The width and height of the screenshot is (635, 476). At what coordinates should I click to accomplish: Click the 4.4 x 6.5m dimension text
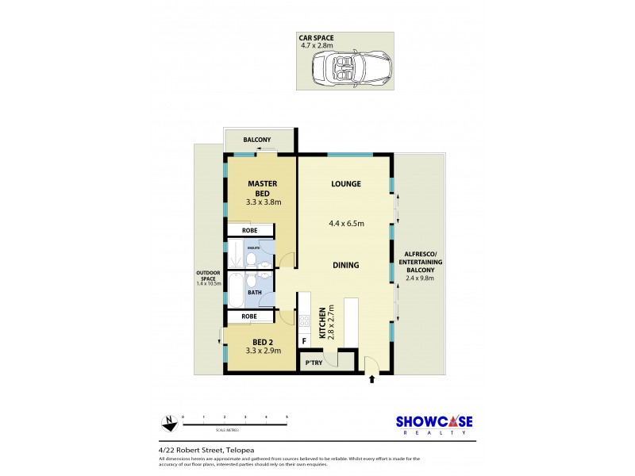(x=346, y=224)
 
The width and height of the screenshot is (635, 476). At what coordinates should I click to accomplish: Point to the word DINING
(x=346, y=265)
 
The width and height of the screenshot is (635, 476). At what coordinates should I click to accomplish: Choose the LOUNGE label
(x=346, y=184)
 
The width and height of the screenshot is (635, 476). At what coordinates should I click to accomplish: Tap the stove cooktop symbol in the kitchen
(x=302, y=321)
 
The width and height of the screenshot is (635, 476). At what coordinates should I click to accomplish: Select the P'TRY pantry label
(x=313, y=363)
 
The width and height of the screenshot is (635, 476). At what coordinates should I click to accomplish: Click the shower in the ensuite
(x=237, y=253)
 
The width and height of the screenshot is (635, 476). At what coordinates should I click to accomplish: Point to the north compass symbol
(x=167, y=423)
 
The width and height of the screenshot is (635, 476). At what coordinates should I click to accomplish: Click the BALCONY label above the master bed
(x=256, y=140)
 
